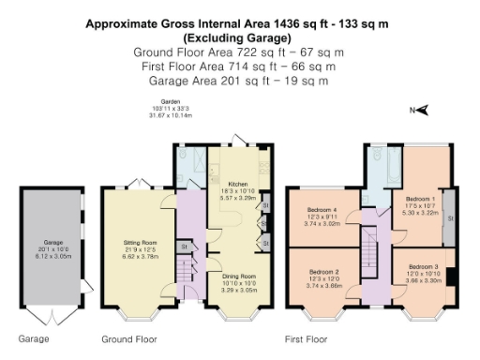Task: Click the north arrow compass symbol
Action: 422,111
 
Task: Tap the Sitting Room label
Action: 140,247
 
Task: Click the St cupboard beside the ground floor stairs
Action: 185,247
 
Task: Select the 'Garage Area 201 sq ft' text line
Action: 240,81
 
